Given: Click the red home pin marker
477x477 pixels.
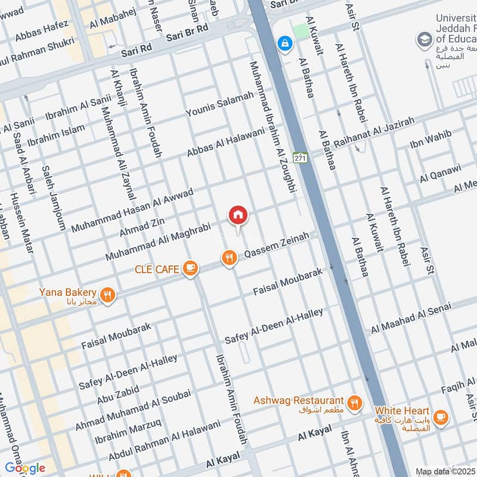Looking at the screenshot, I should coord(238,215).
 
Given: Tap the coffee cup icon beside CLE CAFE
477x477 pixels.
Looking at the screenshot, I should coord(190,269).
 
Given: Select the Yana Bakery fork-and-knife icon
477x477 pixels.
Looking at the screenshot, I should coord(107,295).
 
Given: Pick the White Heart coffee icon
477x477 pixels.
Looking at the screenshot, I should coord(441,417).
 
